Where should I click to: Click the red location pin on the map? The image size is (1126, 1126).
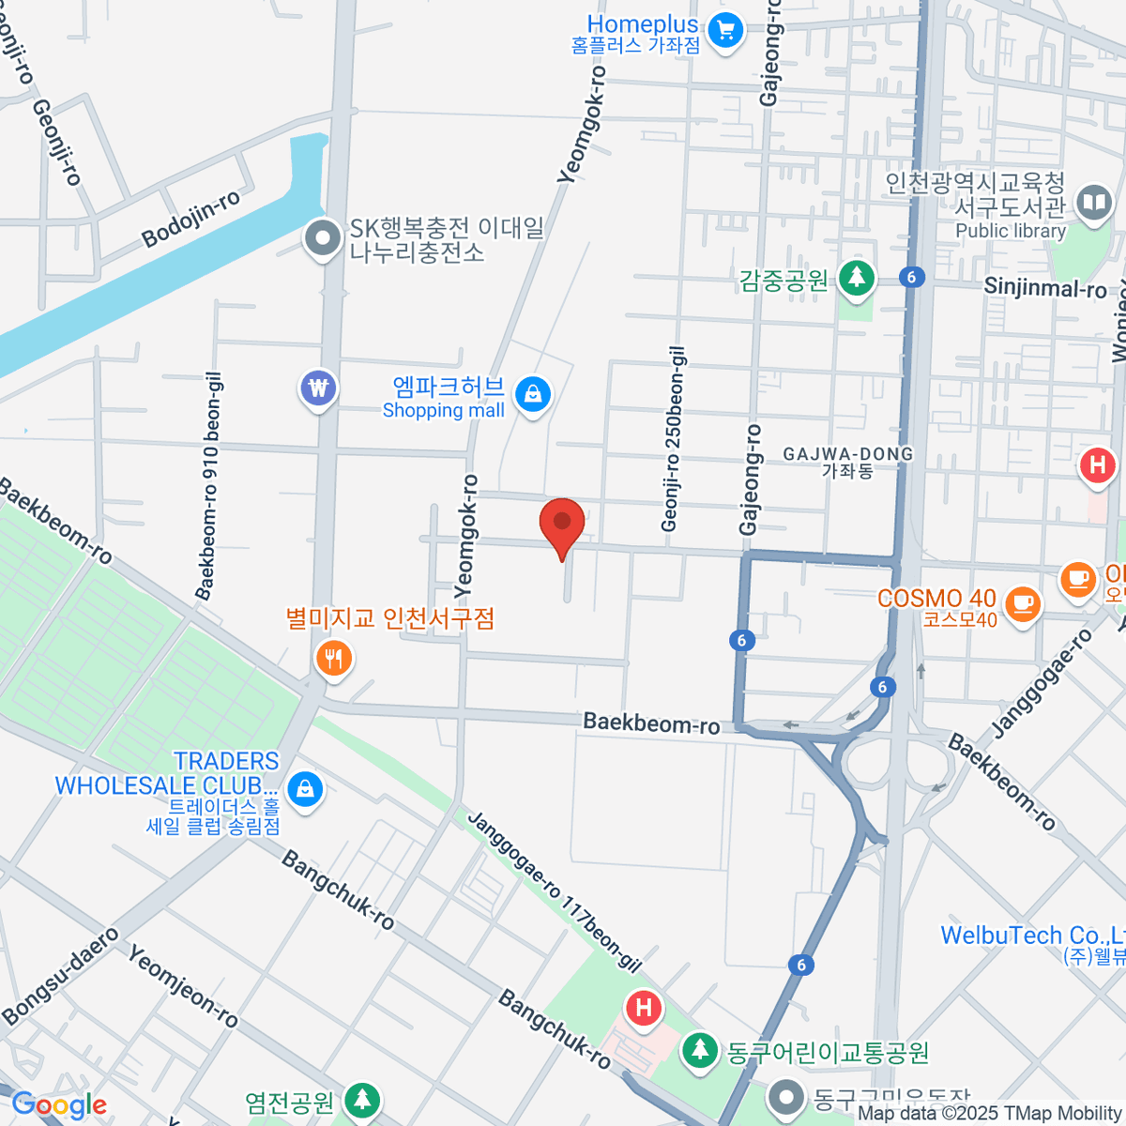[562, 524]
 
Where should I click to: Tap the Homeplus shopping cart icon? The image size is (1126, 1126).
[724, 31]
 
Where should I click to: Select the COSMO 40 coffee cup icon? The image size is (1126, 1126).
[1022, 602]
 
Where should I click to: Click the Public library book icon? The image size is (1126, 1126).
[1093, 203]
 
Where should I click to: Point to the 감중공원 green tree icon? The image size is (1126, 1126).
[855, 278]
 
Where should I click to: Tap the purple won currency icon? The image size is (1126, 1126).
[319, 388]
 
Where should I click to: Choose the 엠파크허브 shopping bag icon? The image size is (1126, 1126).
[532, 394]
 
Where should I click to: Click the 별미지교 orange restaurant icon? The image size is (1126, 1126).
[333, 658]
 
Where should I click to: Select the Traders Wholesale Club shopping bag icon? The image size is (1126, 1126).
[305, 789]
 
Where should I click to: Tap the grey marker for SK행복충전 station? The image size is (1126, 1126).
[324, 238]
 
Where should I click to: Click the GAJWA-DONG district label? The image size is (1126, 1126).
[848, 462]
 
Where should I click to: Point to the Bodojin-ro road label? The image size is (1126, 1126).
[190, 220]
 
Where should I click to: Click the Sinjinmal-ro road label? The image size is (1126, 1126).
[1045, 288]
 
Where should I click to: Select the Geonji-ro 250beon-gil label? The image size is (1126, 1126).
[674, 439]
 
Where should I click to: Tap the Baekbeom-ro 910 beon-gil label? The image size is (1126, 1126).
[209, 486]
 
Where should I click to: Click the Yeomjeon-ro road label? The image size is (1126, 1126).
[183, 986]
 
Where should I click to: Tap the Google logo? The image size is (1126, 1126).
[58, 1104]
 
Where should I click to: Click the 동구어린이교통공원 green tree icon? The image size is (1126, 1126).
[699, 1049]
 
